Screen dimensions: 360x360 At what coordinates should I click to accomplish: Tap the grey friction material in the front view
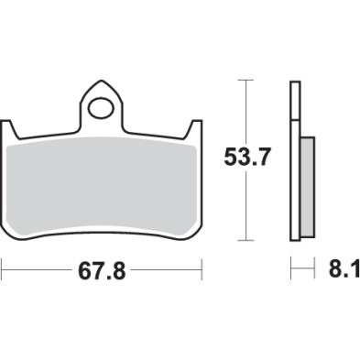(x=102, y=183)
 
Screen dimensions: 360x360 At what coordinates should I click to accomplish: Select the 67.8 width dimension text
(x=102, y=272)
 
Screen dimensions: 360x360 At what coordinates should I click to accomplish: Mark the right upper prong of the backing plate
(x=195, y=130)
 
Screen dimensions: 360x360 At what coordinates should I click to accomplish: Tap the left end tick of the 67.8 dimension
(x=3, y=271)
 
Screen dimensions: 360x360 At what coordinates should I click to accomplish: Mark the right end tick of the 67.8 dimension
(x=201, y=271)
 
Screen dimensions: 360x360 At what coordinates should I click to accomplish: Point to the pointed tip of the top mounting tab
(x=102, y=82)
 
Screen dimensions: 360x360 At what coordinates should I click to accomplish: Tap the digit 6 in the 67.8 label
(x=82, y=272)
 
